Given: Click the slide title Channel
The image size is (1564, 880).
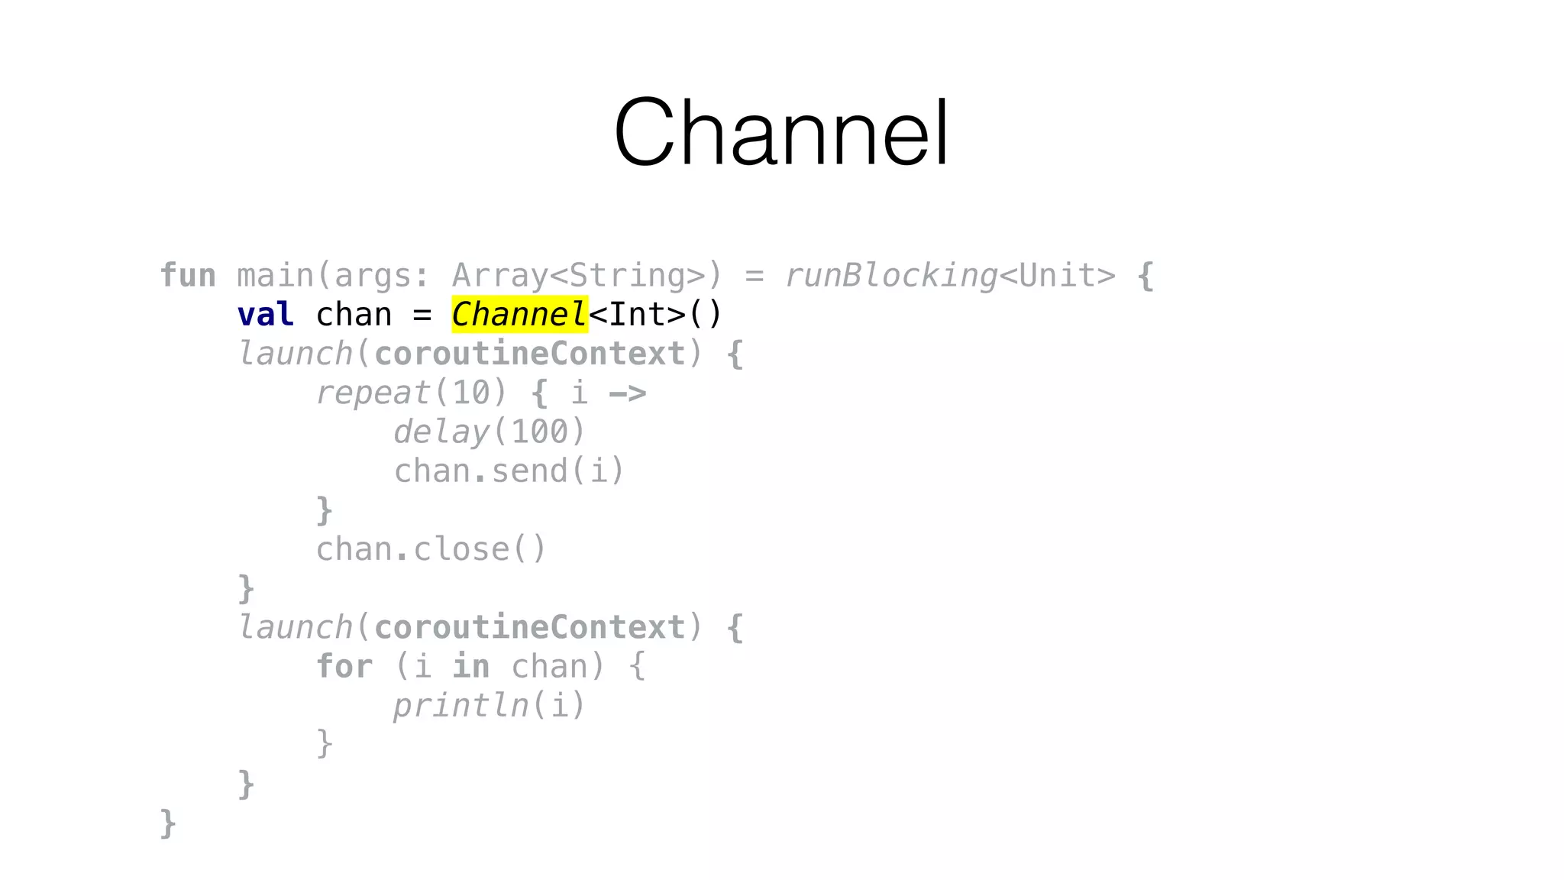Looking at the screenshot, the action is [x=781, y=132].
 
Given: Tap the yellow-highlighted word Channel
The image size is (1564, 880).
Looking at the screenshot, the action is [x=519, y=315].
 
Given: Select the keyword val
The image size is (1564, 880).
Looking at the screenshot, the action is [x=265, y=315].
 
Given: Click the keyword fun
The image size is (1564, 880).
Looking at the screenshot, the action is [x=188, y=276].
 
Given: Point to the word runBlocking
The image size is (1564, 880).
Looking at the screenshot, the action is [x=891, y=276].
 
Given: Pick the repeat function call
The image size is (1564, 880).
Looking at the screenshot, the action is [x=373, y=393].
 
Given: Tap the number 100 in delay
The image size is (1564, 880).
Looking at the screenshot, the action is [x=540, y=432].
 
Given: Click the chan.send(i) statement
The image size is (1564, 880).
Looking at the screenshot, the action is [x=509, y=471].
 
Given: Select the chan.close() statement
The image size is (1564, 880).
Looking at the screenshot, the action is [x=431, y=549].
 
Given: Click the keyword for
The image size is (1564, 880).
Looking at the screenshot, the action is [x=344, y=667].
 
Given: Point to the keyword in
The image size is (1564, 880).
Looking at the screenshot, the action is [x=471, y=667].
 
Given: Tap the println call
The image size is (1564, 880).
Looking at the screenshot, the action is [x=460, y=706].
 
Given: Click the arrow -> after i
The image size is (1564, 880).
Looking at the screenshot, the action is [x=628, y=393].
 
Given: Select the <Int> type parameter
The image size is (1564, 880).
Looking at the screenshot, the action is [x=638, y=315].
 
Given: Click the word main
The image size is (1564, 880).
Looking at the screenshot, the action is [x=275, y=276].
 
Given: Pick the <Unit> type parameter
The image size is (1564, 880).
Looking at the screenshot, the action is [x=1058, y=276].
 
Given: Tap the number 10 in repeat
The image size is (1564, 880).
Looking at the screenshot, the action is [x=471, y=393].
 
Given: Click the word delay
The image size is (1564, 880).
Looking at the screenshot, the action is [x=441, y=432].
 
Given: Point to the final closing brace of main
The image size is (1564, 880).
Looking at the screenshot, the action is [x=168, y=823].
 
